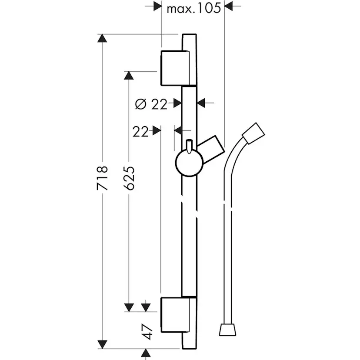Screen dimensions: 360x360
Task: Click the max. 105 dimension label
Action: (x=194, y=9)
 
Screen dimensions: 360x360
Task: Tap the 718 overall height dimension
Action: (x=102, y=178)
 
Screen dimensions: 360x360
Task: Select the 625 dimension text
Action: (x=129, y=178)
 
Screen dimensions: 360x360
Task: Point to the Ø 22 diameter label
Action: (x=151, y=104)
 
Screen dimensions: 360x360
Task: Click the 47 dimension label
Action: (x=147, y=332)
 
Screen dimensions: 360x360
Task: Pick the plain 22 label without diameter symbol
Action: (x=140, y=132)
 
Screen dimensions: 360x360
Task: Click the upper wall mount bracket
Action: (x=175, y=68)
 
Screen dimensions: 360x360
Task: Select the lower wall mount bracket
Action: (x=175, y=315)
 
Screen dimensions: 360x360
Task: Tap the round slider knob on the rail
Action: (x=189, y=163)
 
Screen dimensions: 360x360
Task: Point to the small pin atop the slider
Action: (x=189, y=146)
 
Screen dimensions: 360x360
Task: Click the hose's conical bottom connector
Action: (x=227, y=330)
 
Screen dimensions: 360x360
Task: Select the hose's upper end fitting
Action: (x=253, y=133)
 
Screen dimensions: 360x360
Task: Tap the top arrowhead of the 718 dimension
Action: (x=102, y=38)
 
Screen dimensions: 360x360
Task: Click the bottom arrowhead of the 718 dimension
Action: (x=102, y=344)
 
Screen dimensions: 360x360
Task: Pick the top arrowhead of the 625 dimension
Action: (x=129, y=76)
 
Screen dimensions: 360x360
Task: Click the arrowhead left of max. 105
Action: (x=157, y=6)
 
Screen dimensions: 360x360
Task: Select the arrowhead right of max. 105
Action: (x=229, y=6)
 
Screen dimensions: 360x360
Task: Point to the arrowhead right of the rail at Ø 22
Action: (x=201, y=103)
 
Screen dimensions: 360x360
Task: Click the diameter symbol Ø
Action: (x=141, y=104)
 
